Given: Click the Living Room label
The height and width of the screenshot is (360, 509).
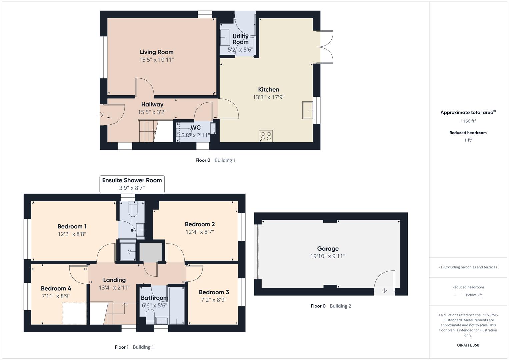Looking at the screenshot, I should pyautogui.click(x=156, y=52).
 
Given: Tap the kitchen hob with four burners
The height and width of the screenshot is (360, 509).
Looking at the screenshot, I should pyautogui.click(x=266, y=136).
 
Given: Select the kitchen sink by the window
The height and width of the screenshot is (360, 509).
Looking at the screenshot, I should pyautogui.click(x=307, y=110).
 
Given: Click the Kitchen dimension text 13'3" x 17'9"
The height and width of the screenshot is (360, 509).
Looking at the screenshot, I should pyautogui.click(x=268, y=97).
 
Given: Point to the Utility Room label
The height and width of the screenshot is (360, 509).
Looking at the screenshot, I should pyautogui.click(x=240, y=39).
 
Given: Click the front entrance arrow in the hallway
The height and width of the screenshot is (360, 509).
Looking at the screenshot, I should pyautogui.click(x=101, y=115).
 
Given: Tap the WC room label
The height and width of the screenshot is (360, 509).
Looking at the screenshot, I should pyautogui.click(x=196, y=128).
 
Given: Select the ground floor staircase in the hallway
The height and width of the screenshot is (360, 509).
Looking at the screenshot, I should pyautogui.click(x=147, y=131).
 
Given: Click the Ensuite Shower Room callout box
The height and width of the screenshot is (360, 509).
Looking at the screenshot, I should pyautogui.click(x=132, y=184).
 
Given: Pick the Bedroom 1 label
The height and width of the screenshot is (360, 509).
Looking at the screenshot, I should pyautogui.click(x=72, y=227).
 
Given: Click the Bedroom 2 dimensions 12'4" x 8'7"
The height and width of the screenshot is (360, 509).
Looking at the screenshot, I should pyautogui.click(x=200, y=232).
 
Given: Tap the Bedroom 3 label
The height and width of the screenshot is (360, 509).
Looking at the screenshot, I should pyautogui.click(x=214, y=292).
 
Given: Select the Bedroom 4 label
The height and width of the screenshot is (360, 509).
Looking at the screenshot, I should pyautogui.click(x=56, y=289).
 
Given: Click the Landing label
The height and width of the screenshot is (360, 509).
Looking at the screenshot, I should pyautogui.click(x=114, y=280).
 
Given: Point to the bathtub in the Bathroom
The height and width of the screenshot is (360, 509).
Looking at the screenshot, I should pyautogui.click(x=176, y=305).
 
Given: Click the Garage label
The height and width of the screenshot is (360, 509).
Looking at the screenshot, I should pyautogui.click(x=328, y=249).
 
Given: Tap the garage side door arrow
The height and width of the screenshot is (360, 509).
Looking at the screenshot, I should pyautogui.click(x=384, y=291).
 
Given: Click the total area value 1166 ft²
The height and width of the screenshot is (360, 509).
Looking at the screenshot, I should pyautogui.click(x=468, y=121).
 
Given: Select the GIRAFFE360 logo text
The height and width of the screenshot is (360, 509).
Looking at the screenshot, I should pyautogui.click(x=468, y=345).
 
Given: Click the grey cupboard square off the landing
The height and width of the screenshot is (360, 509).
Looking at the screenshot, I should pyautogui.click(x=150, y=252).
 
